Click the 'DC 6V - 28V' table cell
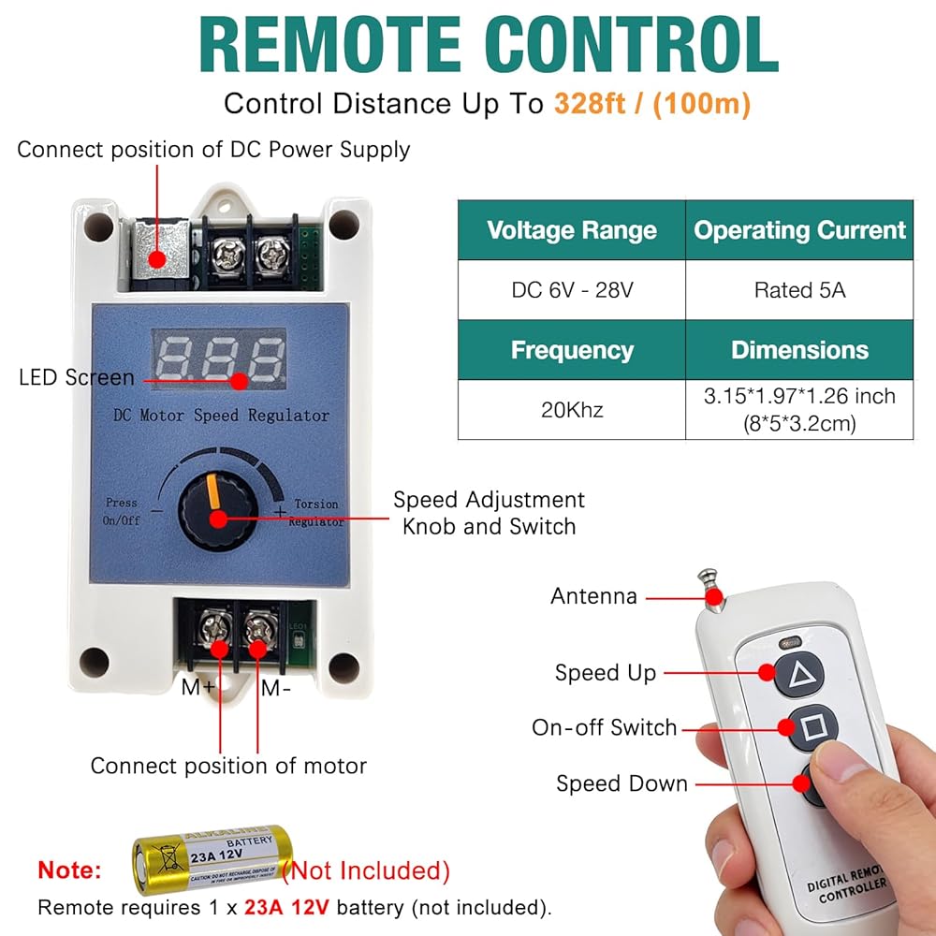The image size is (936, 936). pyautogui.click(x=572, y=290)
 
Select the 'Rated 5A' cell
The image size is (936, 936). pyautogui.click(x=799, y=290)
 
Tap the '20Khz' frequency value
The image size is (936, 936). pyautogui.click(x=572, y=409)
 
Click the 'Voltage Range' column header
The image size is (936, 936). pyautogui.click(x=572, y=230)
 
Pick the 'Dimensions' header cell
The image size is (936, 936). pyautogui.click(x=799, y=350)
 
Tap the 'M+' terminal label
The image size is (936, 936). pyautogui.click(x=198, y=689)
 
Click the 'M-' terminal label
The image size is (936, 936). pyautogui.click(x=275, y=689)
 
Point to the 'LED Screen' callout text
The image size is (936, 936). pyautogui.click(x=77, y=378)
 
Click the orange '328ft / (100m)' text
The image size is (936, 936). pyautogui.click(x=651, y=104)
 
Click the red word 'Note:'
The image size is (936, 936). pyautogui.click(x=70, y=870)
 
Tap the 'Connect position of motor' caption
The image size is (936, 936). pyautogui.click(x=228, y=766)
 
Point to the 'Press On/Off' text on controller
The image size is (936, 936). pyautogui.click(x=122, y=511)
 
